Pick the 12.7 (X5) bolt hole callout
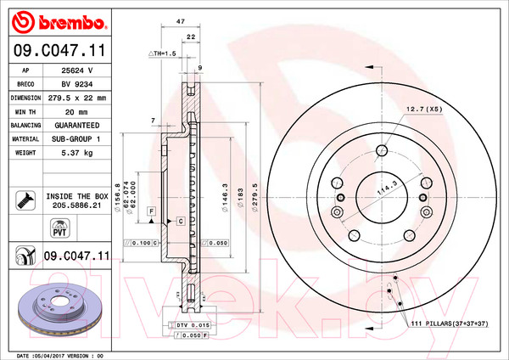pos(425,110)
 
